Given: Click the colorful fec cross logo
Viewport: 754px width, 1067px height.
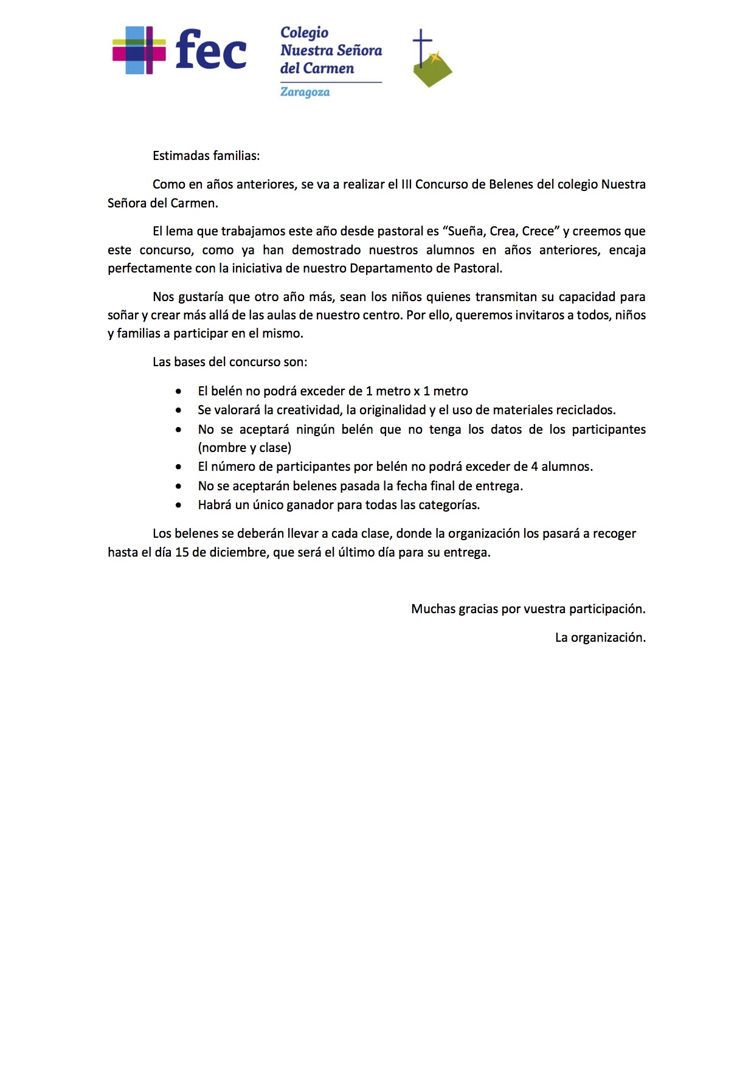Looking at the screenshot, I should (139, 50).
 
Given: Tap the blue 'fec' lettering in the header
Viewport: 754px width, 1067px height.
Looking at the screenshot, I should (210, 50).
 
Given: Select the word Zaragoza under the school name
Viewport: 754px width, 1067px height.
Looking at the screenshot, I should (305, 92).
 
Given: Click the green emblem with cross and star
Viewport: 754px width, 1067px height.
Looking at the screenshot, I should (431, 60).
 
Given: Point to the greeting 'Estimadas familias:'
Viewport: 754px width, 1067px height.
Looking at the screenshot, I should (206, 156).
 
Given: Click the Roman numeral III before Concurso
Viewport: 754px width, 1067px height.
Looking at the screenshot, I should (406, 184).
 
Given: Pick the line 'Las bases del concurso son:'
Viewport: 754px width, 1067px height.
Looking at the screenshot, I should (230, 362).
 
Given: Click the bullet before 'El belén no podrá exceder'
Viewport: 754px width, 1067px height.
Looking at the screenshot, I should (178, 391).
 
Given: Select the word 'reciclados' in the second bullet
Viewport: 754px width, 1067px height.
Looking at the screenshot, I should (584, 410).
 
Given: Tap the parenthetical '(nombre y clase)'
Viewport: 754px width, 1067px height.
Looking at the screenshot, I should (244, 448).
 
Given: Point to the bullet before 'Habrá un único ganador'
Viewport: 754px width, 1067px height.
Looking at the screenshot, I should (178, 505).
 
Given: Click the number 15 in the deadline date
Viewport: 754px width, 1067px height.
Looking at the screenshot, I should (182, 552).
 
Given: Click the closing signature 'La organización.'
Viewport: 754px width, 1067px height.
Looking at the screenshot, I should (600, 638).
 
